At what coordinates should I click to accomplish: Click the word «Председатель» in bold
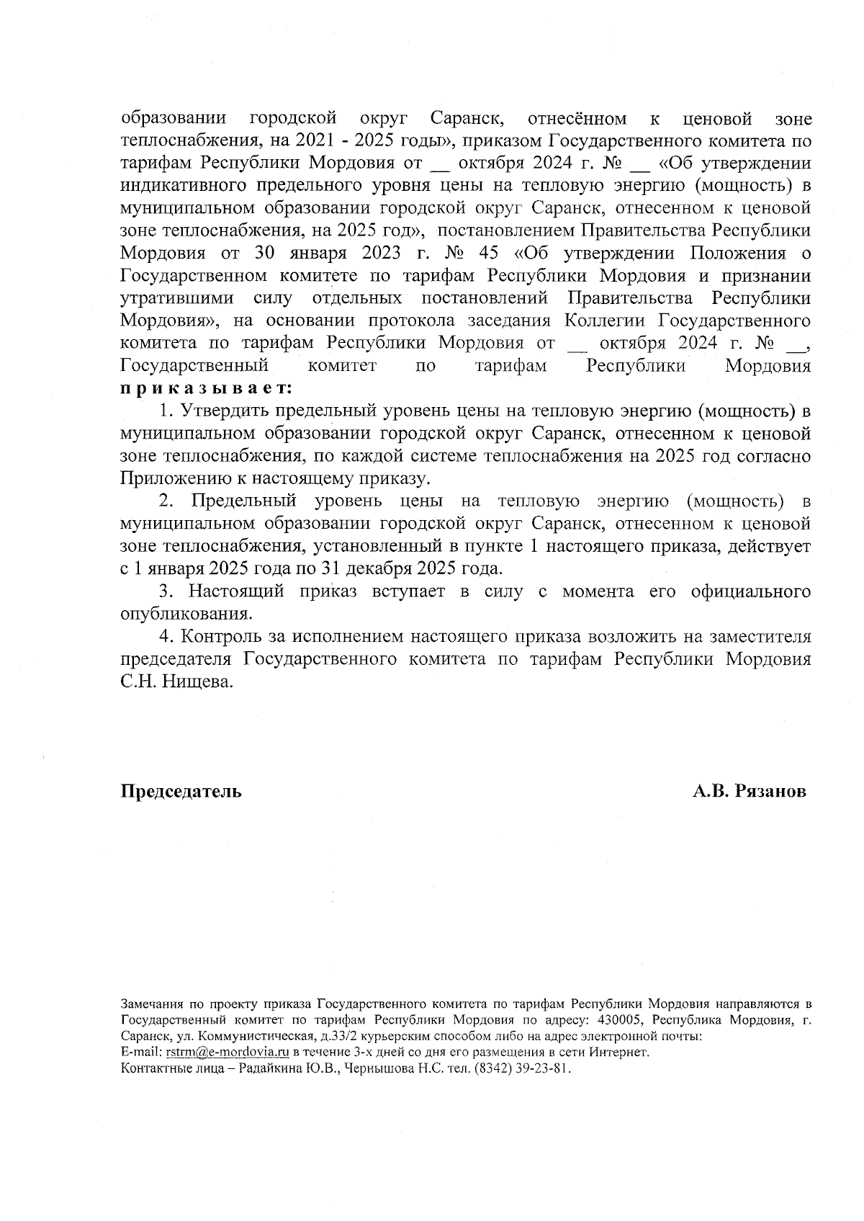pyautogui.click(x=181, y=791)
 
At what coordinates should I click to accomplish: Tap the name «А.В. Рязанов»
pyautogui.click(x=749, y=791)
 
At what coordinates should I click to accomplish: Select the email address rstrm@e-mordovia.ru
pyautogui.click(x=228, y=1052)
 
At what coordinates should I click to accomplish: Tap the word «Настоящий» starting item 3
pyautogui.click(x=235, y=591)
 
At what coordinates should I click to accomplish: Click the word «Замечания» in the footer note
pyautogui.click(x=153, y=1004)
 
